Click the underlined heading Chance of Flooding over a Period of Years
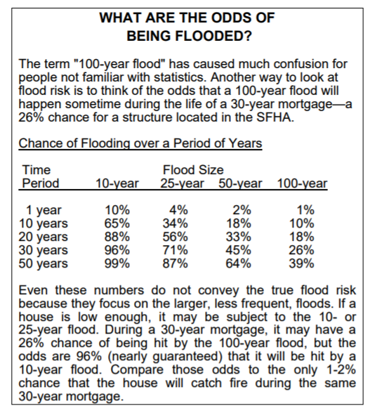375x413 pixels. click(140, 144)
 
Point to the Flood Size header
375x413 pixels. click(193, 170)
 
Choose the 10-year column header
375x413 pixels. click(117, 184)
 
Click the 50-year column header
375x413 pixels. click(240, 184)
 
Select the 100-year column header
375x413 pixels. click(303, 184)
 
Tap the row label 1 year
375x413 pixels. click(44, 210)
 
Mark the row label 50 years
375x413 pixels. click(44, 264)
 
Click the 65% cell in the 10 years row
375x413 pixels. click(117, 223)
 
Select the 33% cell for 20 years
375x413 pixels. click(242, 237)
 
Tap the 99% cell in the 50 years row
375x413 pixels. click(117, 264)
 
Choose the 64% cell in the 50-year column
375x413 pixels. click(242, 264)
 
